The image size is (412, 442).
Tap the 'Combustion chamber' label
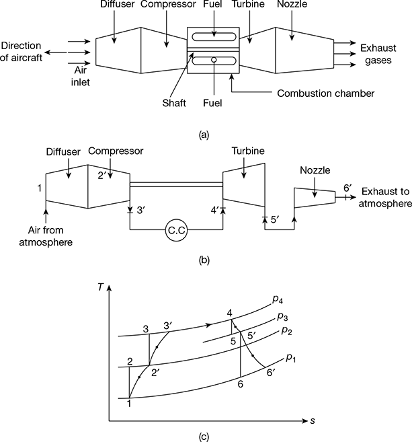[326, 94]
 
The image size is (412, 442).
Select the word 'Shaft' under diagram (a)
[174, 103]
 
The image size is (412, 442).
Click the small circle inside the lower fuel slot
[214, 60]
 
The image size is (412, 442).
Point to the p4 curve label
[278, 300]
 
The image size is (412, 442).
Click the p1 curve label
[291, 358]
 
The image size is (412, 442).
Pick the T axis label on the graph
[101, 287]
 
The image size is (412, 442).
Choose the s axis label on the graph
[313, 421]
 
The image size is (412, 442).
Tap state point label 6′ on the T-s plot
[270, 373]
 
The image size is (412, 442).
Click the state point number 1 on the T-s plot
[129, 404]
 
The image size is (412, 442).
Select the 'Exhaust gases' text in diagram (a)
[378, 54]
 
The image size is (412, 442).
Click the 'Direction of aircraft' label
[21, 52]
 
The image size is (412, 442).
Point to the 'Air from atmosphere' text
[46, 236]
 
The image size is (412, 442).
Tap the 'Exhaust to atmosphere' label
[385, 197]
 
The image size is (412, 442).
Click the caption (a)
[204, 135]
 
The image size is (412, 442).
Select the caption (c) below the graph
[204, 437]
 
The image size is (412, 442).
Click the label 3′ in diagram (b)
[141, 211]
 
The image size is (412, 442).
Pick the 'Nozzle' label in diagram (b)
[315, 170]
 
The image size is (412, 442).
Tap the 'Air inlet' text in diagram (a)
[81, 76]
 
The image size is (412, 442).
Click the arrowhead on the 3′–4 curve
[208, 325]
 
